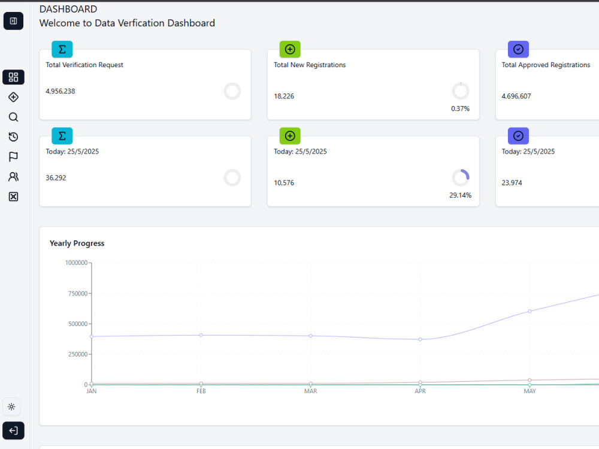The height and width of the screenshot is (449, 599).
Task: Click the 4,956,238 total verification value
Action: (60, 91)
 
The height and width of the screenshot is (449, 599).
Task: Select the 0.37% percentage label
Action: (460, 109)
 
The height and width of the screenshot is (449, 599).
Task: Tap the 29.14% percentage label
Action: (460, 195)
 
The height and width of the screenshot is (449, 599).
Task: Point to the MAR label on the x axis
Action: (310, 391)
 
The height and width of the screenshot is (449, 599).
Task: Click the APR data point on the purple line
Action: (420, 339)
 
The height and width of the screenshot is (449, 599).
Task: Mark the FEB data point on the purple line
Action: (201, 335)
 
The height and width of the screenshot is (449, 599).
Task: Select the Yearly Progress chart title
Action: (77, 243)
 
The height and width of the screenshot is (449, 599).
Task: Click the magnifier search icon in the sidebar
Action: (13, 117)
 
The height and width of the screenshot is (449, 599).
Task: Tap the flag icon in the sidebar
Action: (13, 156)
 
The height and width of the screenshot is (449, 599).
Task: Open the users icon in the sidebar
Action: (13, 176)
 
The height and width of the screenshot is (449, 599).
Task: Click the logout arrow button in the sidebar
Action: (13, 430)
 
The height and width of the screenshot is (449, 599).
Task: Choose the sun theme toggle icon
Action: (11, 406)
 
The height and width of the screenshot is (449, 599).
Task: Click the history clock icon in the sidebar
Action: (13, 137)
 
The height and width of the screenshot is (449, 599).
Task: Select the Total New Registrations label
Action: (310, 65)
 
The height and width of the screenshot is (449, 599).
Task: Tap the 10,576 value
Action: (284, 183)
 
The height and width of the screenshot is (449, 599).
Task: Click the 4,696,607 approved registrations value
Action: (516, 96)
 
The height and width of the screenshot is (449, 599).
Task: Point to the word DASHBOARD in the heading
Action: (68, 9)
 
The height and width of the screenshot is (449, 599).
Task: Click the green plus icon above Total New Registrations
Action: (290, 49)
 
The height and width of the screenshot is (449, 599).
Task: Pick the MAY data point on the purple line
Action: (530, 311)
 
